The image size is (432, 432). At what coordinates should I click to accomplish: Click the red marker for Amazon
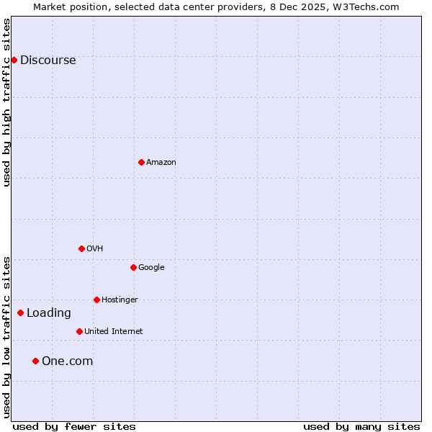pyautogui.click(x=141, y=162)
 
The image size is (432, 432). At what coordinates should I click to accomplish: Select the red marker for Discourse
pyautogui.click(x=14, y=60)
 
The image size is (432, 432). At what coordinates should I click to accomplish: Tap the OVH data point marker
pyautogui.click(x=81, y=248)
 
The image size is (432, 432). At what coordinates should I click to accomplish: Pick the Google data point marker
pyautogui.click(x=133, y=267)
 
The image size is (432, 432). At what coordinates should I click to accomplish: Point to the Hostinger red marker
pyautogui.click(x=96, y=300)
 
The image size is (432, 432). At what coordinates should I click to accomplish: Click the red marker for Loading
pyautogui.click(x=20, y=312)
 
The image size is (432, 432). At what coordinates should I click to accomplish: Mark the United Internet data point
pyautogui.click(x=79, y=331)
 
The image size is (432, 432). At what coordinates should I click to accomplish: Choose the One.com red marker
pyautogui.click(x=35, y=361)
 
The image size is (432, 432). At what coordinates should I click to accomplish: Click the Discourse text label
pyautogui.click(x=48, y=60)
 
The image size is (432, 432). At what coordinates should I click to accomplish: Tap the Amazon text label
pyautogui.click(x=161, y=163)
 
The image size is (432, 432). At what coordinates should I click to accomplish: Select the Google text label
pyautogui.click(x=151, y=268)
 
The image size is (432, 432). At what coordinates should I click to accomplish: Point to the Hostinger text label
pyautogui.click(x=120, y=300)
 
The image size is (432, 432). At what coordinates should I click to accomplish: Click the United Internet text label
pyautogui.click(x=113, y=332)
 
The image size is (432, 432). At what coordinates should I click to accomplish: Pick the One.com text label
pyautogui.click(x=67, y=361)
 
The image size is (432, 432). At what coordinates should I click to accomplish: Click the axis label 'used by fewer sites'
pyautogui.click(x=74, y=426)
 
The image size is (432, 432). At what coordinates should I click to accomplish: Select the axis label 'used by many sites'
pyautogui.click(x=361, y=426)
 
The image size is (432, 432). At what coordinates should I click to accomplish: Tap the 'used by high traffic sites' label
pyautogui.click(x=6, y=102)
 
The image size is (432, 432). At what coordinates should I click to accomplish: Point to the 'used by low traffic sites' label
pyautogui.click(x=6, y=336)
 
